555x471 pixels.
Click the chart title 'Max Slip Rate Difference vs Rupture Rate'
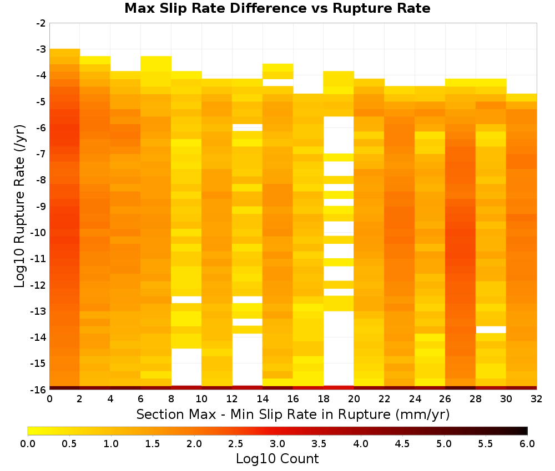277,8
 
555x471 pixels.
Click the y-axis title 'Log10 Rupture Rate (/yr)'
20,206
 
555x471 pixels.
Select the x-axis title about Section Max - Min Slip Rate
292,414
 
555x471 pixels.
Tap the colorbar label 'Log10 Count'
277,459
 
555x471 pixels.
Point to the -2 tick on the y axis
41,23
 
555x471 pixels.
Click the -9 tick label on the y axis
41,206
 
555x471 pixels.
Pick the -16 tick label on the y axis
39,390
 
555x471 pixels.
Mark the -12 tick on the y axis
39,285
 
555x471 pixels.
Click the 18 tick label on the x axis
323,399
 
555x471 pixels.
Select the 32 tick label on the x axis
537,399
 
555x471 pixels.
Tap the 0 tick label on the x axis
49,399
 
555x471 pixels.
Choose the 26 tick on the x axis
445,399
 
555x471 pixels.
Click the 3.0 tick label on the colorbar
277,444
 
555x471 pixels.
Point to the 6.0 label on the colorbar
527,444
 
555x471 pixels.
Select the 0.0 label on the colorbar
28,444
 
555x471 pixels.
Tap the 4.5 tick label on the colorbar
402,444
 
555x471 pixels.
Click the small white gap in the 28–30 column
491,330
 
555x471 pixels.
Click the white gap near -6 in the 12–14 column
248,127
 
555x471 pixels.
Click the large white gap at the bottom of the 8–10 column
186,367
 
